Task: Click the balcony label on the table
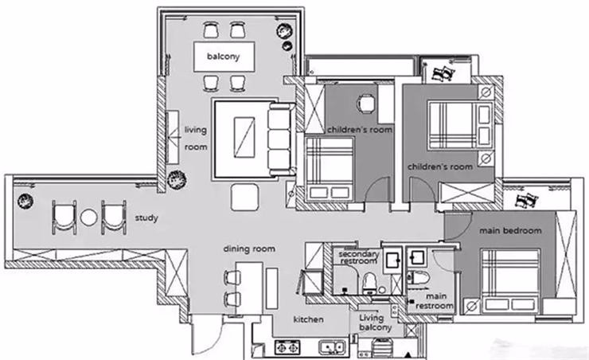pos(223,57)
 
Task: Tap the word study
pos(146,218)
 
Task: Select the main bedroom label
pos(510,231)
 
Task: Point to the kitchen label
pos(308,319)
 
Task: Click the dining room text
pos(249,248)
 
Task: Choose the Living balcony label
pos(375,323)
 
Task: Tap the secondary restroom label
pos(358,257)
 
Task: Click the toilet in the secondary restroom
pos(370,283)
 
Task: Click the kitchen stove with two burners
pos(288,347)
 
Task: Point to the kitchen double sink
pos(333,347)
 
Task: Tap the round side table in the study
pos(89,217)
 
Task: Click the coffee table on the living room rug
pos(244,138)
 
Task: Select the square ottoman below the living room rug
pos(244,197)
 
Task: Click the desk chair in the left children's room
pos(366,104)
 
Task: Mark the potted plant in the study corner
pos(25,201)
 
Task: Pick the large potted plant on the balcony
pos(284,31)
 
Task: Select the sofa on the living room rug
pos(279,139)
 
